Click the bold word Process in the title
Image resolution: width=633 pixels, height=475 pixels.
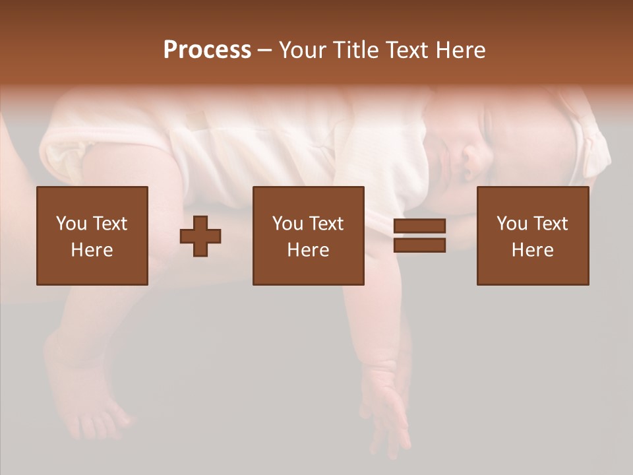coord(207,50)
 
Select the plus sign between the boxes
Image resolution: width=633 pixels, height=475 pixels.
coord(200,236)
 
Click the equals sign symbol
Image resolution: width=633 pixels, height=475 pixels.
coord(419,236)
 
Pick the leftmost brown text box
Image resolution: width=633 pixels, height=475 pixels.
coord(92,236)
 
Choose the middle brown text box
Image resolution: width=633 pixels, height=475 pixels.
coord(308,236)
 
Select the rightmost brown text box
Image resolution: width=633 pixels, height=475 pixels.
coord(533,236)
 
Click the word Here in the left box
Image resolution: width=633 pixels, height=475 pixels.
coord(92,250)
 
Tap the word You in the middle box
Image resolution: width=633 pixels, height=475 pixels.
coord(287,224)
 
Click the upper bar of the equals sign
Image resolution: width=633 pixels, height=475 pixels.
coord(419,226)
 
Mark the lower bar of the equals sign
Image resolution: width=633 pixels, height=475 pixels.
coord(419,245)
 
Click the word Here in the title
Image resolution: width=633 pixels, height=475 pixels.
coord(460,50)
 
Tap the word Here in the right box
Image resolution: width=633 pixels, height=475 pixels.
coord(532,250)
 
